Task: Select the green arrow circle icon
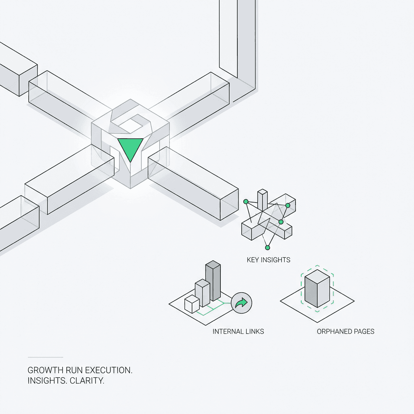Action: click(241, 302)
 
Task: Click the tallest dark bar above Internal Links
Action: click(213, 283)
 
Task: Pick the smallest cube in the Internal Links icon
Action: click(192, 304)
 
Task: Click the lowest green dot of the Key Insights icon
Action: click(267, 247)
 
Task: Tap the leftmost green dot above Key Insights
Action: click(245, 201)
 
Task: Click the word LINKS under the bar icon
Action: click(255, 332)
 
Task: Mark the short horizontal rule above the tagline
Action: click(45, 357)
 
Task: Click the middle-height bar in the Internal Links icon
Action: click(202, 292)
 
